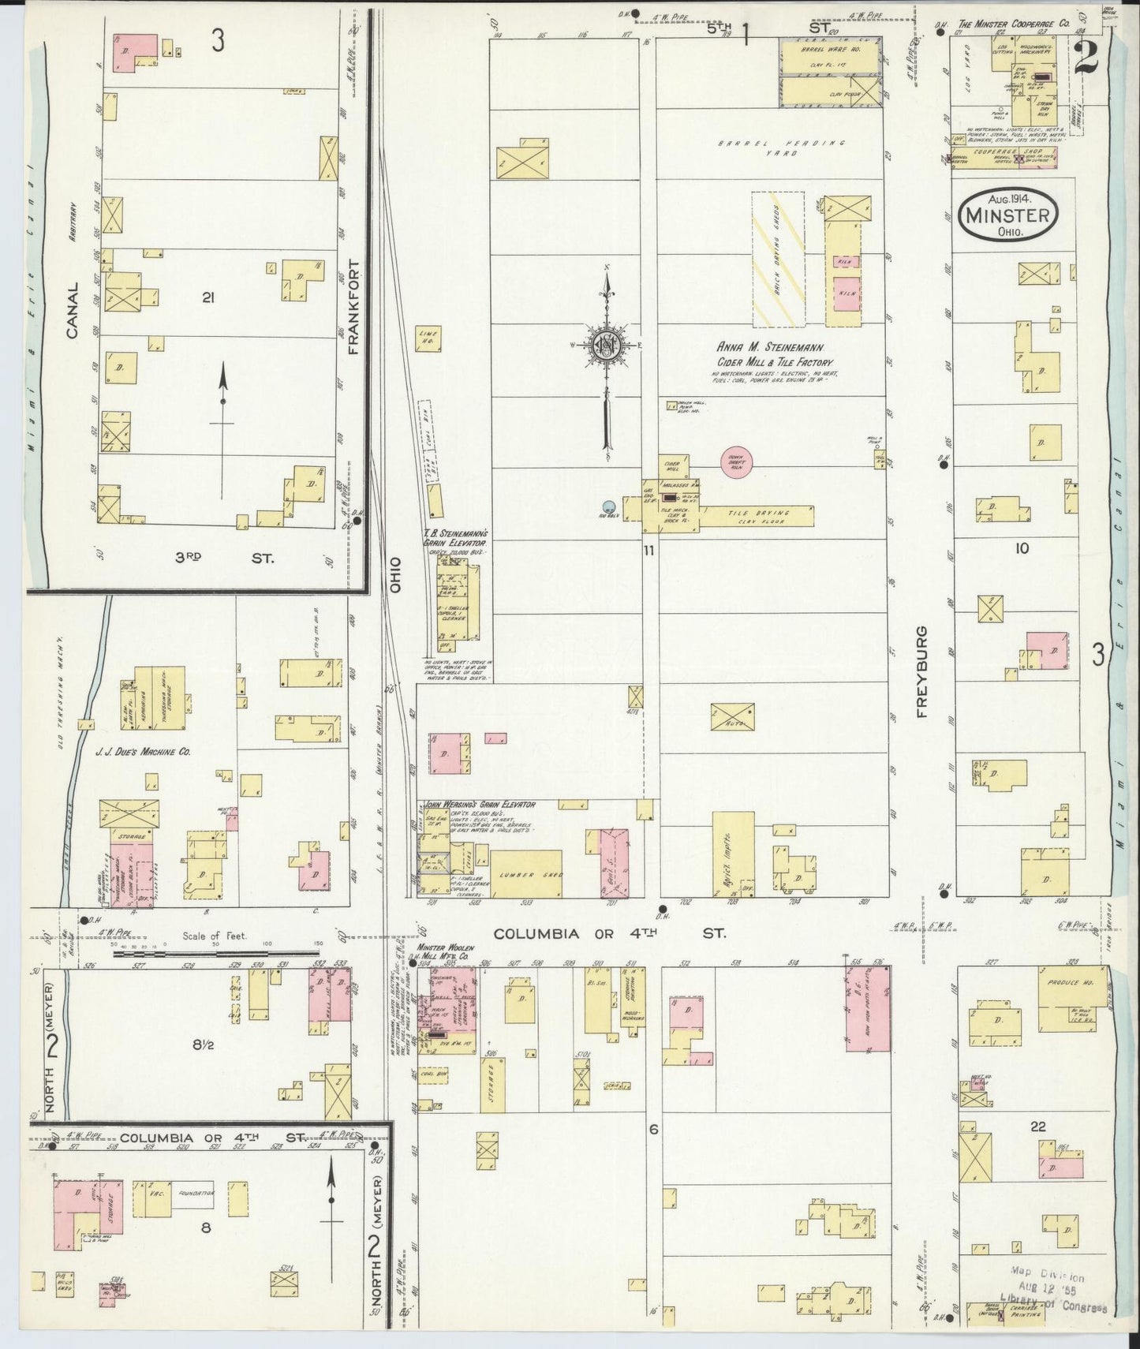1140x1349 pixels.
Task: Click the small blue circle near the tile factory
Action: (607, 507)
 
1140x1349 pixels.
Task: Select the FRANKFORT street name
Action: (353, 308)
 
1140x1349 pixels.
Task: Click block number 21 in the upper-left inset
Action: (208, 297)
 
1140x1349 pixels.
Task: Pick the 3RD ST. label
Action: (223, 558)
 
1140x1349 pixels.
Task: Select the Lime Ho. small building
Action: (427, 339)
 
